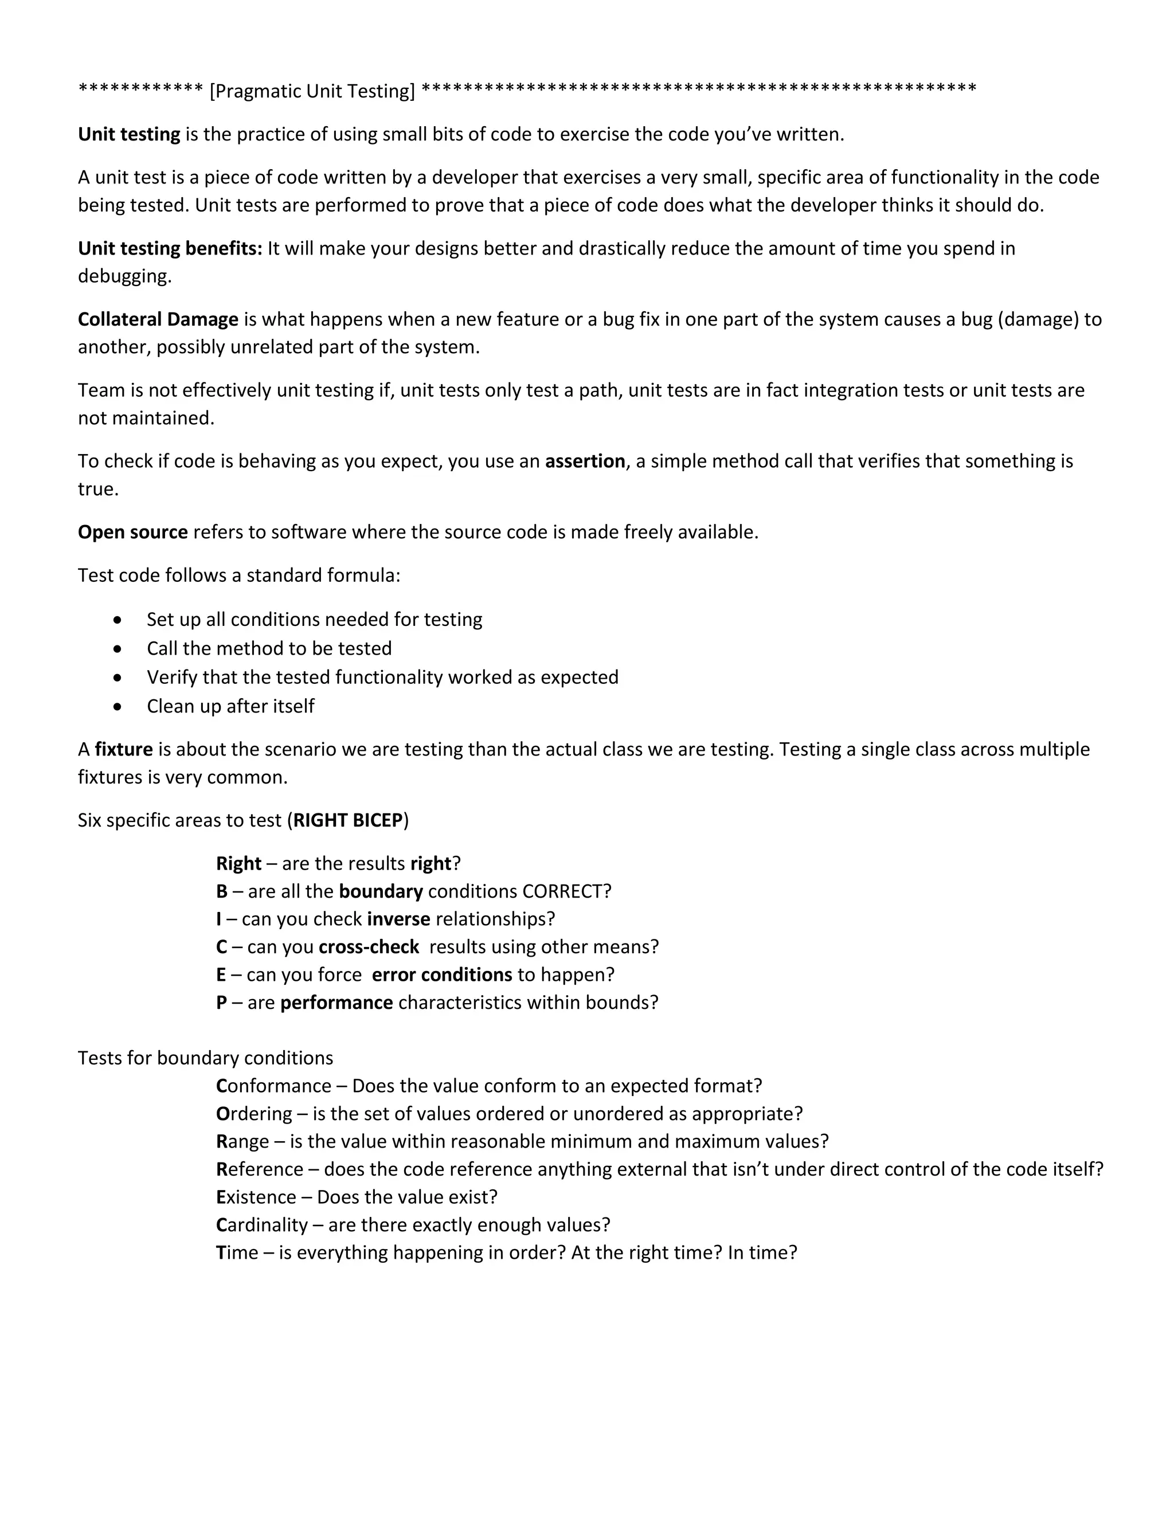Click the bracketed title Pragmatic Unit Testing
[312, 91]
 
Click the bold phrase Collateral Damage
[158, 319]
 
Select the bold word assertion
[585, 461]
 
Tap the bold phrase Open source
[133, 532]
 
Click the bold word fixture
[124, 749]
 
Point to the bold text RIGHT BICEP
[349, 820]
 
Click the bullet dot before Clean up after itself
[118, 707]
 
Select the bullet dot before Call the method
[118, 649]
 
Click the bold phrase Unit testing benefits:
[170, 248]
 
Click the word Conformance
[273, 1086]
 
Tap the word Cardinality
[261, 1225]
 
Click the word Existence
[256, 1197]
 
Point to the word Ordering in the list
[254, 1114]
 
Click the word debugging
[124, 276]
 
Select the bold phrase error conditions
[441, 974]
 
